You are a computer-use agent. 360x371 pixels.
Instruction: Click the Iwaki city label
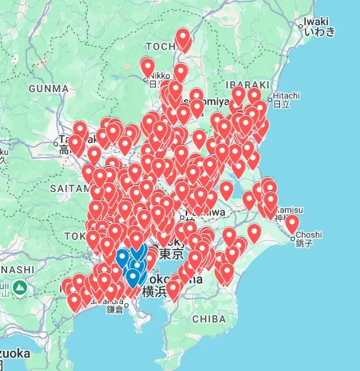315,21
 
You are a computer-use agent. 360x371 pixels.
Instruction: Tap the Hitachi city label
285,95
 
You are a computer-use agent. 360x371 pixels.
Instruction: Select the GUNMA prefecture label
48,88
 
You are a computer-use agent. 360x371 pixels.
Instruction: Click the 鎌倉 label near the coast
114,310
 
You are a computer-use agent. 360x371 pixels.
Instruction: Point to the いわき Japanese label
315,31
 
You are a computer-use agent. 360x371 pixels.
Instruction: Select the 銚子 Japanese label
308,244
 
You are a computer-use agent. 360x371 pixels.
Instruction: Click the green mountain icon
21,288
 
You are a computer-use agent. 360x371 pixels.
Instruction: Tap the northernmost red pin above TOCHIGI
184,39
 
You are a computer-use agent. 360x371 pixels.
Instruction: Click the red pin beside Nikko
147,68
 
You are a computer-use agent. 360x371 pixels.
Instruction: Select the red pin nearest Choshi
291,224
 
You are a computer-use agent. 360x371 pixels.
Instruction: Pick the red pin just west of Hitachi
254,96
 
